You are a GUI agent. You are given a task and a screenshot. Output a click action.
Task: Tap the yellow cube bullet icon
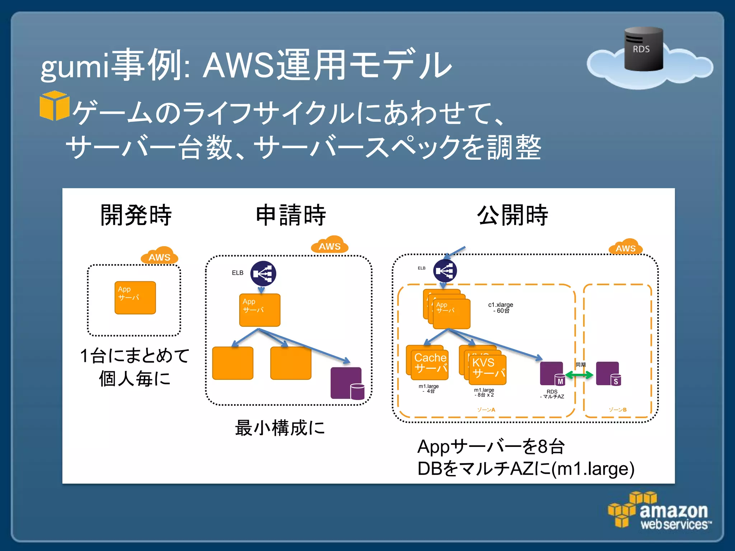point(54,105)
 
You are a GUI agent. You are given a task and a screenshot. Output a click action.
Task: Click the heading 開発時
point(136,215)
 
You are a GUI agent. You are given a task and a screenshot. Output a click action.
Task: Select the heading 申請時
point(291,215)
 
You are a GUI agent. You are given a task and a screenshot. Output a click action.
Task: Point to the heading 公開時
point(512,215)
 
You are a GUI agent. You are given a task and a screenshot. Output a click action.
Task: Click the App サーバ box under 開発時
point(135,298)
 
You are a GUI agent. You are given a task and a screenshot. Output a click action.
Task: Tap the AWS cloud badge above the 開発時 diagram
point(159,256)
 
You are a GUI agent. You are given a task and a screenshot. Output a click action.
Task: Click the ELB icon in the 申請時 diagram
point(263,273)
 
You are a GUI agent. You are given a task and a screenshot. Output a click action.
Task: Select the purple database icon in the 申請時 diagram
point(347,383)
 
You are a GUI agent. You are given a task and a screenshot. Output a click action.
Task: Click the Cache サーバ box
point(429,364)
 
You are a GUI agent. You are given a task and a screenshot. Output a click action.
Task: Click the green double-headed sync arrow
point(579,375)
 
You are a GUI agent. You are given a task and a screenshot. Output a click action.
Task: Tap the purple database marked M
point(552,374)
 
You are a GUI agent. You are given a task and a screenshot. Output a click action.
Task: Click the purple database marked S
point(608,374)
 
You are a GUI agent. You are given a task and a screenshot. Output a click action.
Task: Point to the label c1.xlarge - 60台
point(501,307)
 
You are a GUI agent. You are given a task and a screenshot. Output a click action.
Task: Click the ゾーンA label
point(486,410)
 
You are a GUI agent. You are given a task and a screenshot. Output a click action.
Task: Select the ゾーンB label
point(617,410)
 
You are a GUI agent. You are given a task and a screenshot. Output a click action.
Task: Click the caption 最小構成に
point(280,428)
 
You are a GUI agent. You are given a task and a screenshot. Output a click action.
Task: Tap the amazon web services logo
point(660,511)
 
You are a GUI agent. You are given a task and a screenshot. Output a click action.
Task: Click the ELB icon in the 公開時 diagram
point(445,271)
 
